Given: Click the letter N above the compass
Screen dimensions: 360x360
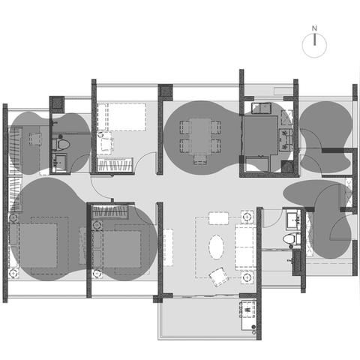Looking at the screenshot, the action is click(314, 28).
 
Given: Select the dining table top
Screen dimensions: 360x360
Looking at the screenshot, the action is click(200, 136).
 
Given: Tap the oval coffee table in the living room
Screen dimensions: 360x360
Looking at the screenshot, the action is click(216, 247).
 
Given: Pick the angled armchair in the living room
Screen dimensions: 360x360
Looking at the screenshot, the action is click(219, 277).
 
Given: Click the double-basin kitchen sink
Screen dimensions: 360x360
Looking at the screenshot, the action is click(261, 109).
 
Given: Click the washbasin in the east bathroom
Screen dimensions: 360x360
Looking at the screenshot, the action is click(292, 220).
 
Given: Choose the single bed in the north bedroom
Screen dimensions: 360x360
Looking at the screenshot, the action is click(121, 117).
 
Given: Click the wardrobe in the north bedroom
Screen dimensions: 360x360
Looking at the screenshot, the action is click(115, 165).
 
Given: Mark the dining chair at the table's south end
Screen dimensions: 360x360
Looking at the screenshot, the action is click(200, 159).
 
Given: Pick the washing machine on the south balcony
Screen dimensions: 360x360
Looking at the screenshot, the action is click(248, 309).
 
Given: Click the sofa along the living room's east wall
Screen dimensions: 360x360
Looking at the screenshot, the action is click(245, 247).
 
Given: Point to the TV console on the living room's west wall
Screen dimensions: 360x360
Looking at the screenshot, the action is click(168, 247).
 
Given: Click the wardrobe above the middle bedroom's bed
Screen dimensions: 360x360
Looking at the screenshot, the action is click(110, 211).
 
